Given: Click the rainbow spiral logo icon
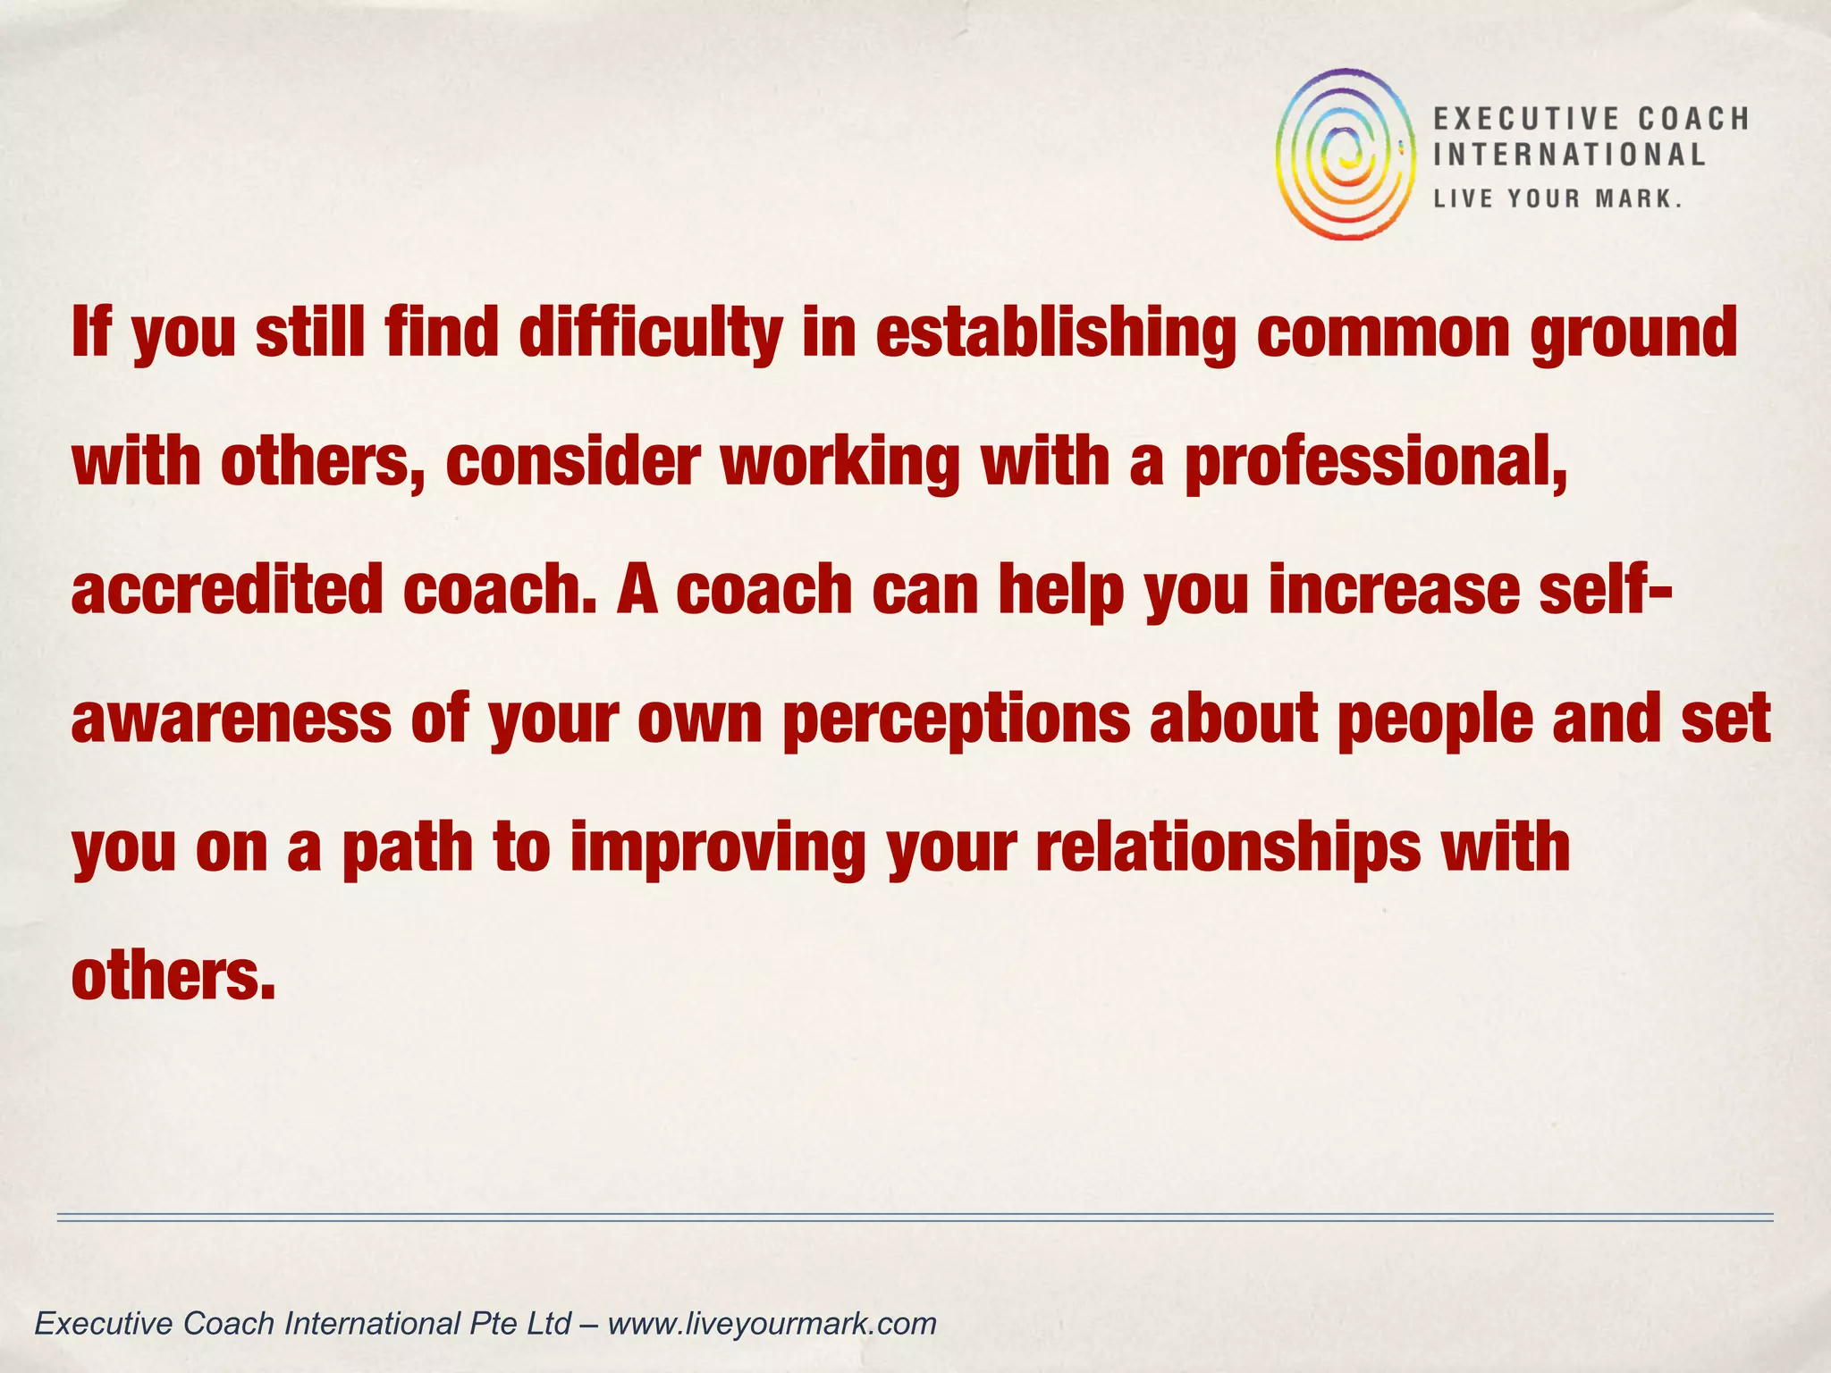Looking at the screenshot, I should pyautogui.click(x=1346, y=154).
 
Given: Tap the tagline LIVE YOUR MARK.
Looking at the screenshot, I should pyautogui.click(x=1557, y=198).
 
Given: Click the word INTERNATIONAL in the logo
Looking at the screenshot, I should pyautogui.click(x=1569, y=155).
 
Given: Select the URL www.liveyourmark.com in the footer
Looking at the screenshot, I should pyautogui.click(x=772, y=1323).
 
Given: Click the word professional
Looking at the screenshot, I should pyautogui.click(x=1374, y=463).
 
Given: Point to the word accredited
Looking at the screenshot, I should pyautogui.click(x=226, y=591).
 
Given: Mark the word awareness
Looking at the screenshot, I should pyautogui.click(x=231, y=720).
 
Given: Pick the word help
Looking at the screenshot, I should pyautogui.click(x=1060, y=591).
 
